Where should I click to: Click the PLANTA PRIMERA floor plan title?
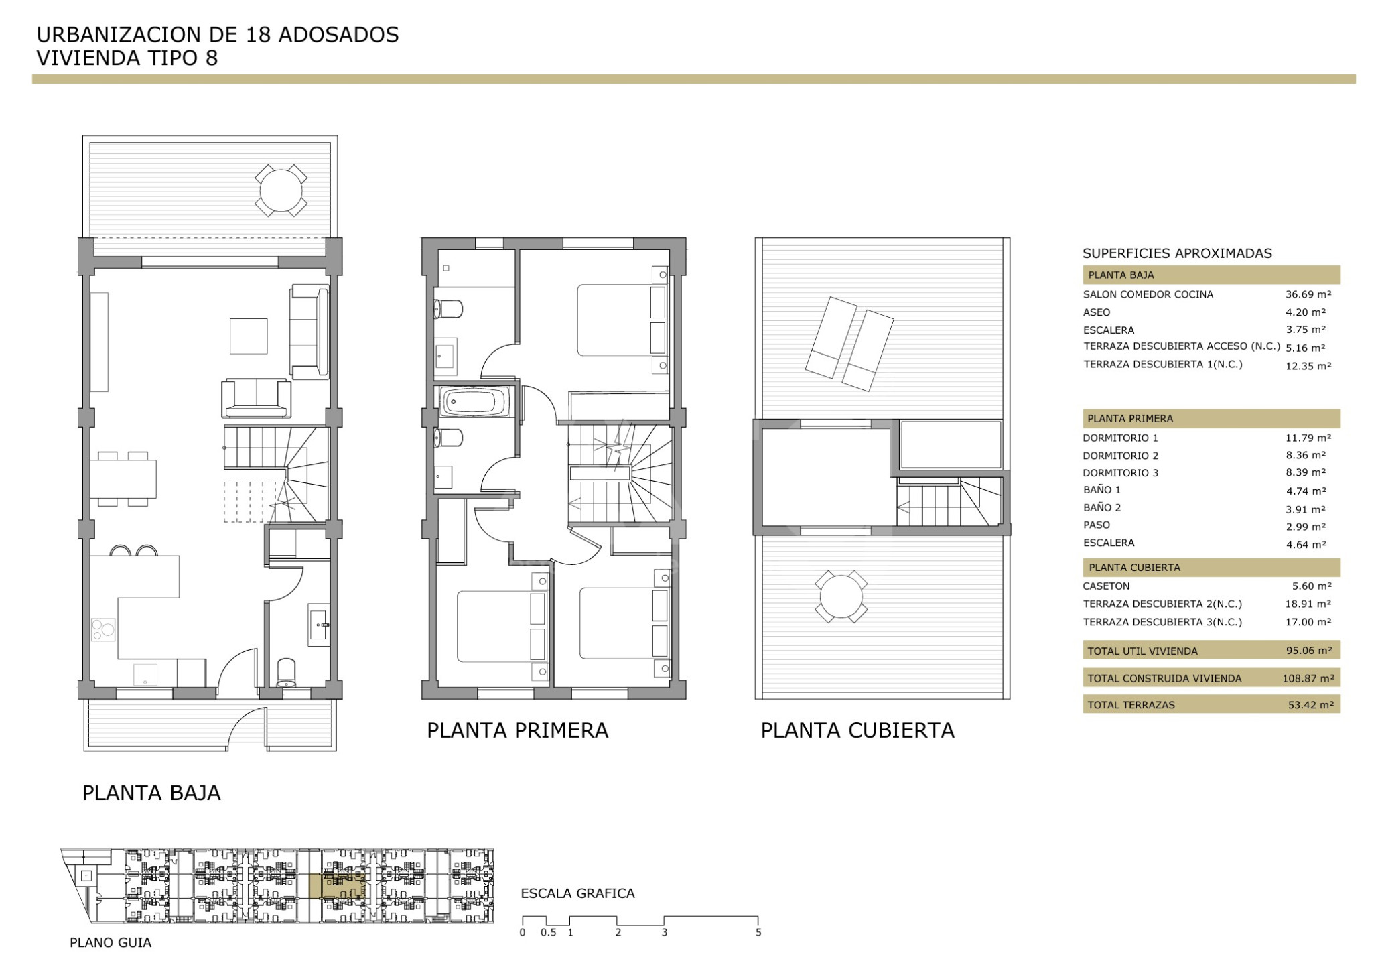pyautogui.click(x=517, y=730)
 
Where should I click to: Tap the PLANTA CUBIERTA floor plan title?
pyautogui.click(x=857, y=730)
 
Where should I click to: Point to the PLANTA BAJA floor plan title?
pyautogui.click(x=151, y=793)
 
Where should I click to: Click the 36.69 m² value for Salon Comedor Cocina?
pyautogui.click(x=1308, y=294)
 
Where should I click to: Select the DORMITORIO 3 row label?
pyautogui.click(x=1121, y=473)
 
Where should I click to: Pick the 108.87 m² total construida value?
pyautogui.click(x=1308, y=678)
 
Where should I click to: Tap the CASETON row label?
pyautogui.click(x=1107, y=586)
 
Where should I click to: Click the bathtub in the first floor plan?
pyautogui.click(x=474, y=402)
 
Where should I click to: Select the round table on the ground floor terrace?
pyautogui.click(x=281, y=190)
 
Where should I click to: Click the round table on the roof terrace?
pyautogui.click(x=841, y=596)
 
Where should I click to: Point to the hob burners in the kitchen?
pyautogui.click(x=103, y=630)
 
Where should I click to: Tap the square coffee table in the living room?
pyautogui.click(x=249, y=336)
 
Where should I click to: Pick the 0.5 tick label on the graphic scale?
pyautogui.click(x=548, y=933)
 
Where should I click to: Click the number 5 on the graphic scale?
pyautogui.click(x=758, y=933)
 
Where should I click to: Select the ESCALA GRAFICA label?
pyautogui.click(x=577, y=893)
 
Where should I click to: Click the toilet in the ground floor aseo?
pyautogui.click(x=287, y=673)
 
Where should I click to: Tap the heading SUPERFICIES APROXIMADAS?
pyautogui.click(x=1177, y=253)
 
